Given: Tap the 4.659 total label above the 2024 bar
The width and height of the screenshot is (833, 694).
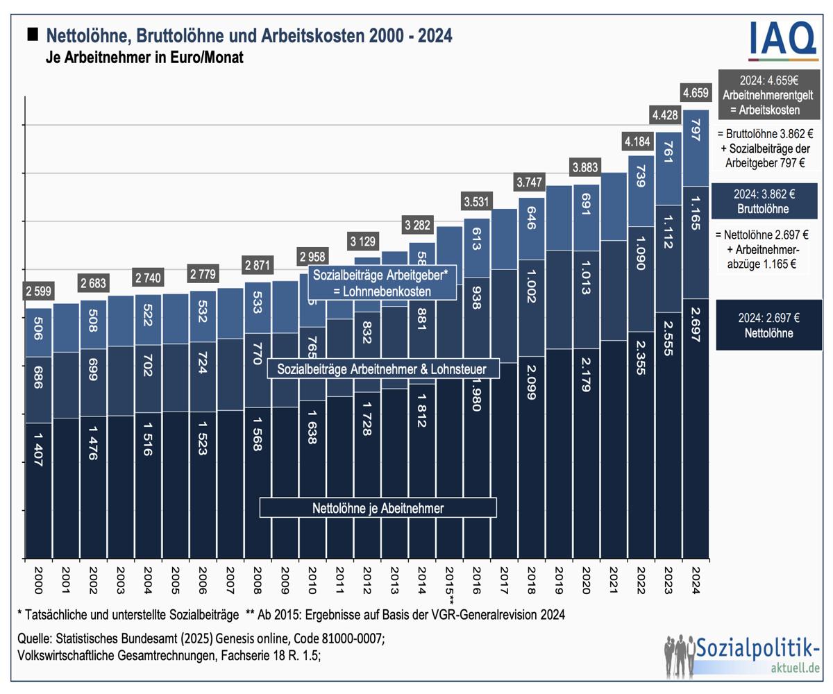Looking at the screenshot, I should [696, 93].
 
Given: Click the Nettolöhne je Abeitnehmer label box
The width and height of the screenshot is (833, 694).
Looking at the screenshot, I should [378, 508].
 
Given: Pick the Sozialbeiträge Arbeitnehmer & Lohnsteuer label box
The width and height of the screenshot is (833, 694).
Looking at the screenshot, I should [382, 369].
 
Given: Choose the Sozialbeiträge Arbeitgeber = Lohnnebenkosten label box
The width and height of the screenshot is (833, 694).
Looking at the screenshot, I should [381, 282].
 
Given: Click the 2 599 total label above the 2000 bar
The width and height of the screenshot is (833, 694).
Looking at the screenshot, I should [39, 291].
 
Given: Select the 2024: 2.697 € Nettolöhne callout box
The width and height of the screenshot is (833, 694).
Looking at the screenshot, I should [768, 325].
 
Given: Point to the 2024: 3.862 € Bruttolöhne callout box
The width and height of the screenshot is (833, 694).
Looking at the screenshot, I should [768, 201].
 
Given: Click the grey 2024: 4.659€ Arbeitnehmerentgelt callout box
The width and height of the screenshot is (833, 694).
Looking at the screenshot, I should [769, 94].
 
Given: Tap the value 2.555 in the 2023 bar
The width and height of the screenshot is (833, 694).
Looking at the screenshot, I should [668, 338].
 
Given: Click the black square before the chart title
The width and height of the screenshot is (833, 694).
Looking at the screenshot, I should [33, 34].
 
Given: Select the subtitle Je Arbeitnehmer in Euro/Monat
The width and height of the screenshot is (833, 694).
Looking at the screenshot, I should [144, 58].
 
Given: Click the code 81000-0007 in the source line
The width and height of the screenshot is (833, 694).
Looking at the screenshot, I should [351, 638].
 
